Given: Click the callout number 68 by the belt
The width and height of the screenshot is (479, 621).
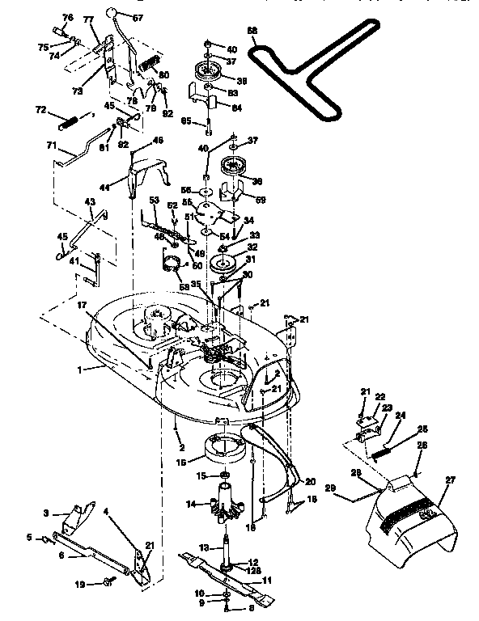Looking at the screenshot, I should pos(252,31).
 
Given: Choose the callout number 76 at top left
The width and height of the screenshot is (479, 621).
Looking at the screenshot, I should pos(67,18).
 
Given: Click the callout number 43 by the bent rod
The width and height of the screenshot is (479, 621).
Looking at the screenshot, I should pos(91,201).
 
